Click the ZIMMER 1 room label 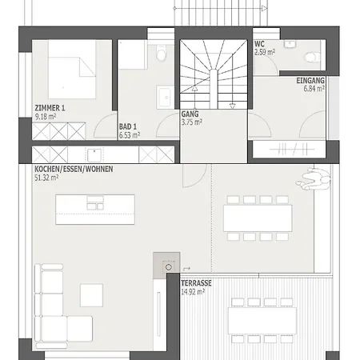50,108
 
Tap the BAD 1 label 128,126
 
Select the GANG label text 190,114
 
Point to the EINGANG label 310,81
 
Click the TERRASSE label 196,283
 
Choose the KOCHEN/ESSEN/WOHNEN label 74,169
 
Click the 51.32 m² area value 46,178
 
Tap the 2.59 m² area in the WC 265,52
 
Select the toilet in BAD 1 161,53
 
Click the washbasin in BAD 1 165,97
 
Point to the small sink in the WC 290,44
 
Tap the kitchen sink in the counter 94,155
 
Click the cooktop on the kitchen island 95,203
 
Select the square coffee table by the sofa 91,295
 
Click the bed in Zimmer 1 72,70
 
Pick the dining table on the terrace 262,321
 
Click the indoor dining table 258,218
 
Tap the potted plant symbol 314,179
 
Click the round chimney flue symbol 169,266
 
